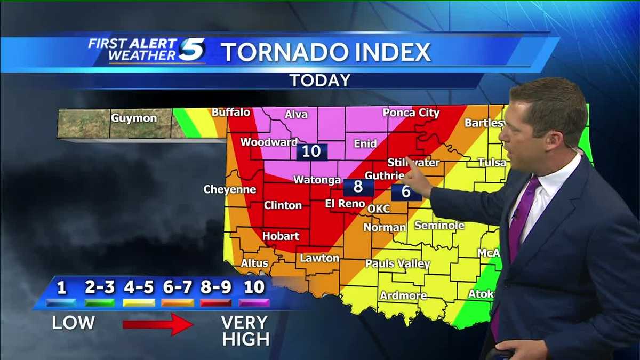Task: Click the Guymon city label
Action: [x=134, y=118]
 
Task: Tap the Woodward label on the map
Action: [x=269, y=142]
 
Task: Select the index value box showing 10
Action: [x=311, y=151]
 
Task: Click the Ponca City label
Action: [x=411, y=113]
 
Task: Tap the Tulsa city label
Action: [x=492, y=162]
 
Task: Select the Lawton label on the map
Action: [x=319, y=258]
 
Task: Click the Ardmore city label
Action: [x=403, y=296]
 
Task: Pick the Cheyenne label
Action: [x=230, y=190]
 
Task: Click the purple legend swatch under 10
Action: [x=254, y=302]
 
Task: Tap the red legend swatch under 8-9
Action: [x=216, y=302]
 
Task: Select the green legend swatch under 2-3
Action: [x=99, y=302]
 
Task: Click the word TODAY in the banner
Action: [x=319, y=81]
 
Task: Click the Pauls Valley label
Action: [x=397, y=264]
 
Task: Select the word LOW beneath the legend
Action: [x=73, y=323]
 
